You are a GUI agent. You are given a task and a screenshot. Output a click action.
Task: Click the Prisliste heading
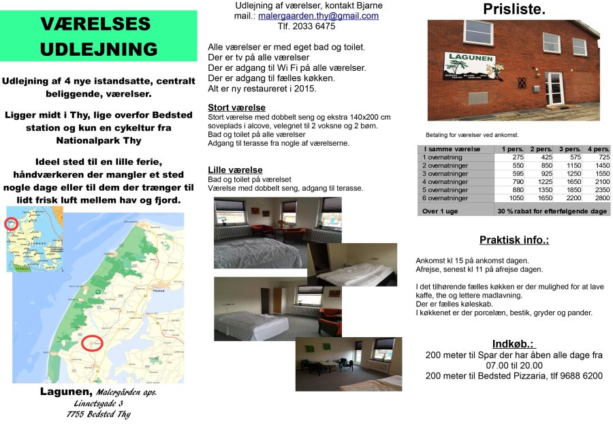514,10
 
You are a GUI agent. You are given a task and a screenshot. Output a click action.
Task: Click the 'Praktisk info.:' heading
514,240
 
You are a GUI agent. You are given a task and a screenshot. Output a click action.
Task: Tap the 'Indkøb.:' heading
514,343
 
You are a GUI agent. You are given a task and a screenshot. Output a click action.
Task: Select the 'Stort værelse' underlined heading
236,108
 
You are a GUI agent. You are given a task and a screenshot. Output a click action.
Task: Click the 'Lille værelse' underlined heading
235,170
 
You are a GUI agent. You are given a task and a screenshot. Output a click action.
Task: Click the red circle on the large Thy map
92,343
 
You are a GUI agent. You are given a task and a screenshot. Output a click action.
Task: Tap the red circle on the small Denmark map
12,223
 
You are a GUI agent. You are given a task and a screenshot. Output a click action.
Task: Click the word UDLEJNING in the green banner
99,49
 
